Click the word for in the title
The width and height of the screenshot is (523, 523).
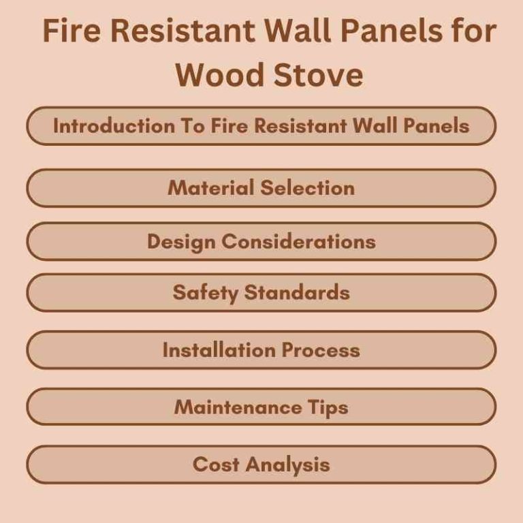[x=470, y=32]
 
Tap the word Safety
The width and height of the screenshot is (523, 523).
[x=205, y=293]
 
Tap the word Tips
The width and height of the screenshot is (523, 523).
[x=326, y=407]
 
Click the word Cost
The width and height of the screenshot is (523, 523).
[x=216, y=464]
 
